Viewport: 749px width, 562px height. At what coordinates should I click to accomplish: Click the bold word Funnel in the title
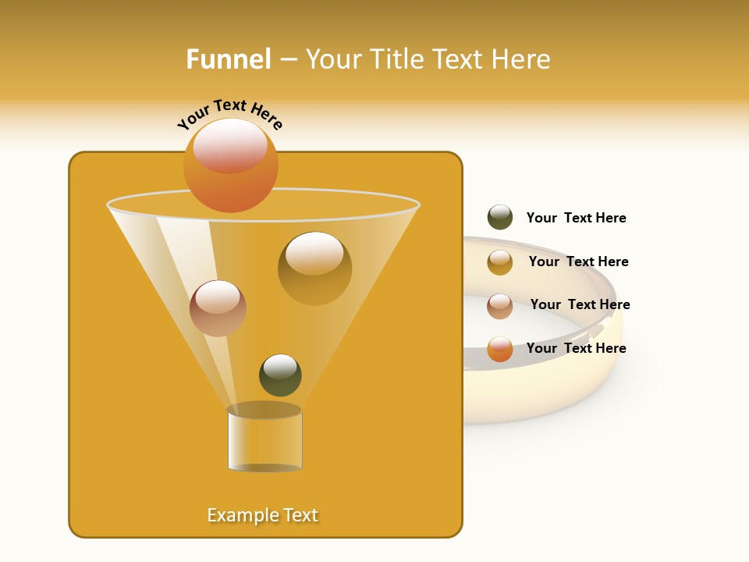[x=228, y=59]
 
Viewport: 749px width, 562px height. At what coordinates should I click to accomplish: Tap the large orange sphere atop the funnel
[x=231, y=176]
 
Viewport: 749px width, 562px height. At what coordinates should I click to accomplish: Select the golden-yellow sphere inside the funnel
[x=314, y=269]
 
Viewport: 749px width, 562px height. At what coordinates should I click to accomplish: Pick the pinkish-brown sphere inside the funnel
[x=218, y=308]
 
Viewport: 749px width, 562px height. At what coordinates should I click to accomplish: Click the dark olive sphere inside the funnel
[x=280, y=375]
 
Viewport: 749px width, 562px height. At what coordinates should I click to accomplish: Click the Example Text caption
[x=262, y=515]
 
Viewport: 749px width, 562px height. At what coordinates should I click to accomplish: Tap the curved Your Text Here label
[x=229, y=114]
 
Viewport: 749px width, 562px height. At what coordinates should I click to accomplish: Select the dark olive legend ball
[x=500, y=217]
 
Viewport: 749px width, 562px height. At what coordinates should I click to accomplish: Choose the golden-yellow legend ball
[x=500, y=262]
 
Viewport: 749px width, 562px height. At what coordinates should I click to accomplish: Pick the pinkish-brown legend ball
[x=500, y=306]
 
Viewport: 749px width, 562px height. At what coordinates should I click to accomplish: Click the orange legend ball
[x=500, y=349]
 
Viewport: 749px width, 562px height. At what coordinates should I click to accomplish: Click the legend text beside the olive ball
[x=576, y=218]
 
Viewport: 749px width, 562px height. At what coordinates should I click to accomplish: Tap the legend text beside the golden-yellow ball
[x=578, y=261]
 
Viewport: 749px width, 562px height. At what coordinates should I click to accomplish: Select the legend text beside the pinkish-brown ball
[x=580, y=304]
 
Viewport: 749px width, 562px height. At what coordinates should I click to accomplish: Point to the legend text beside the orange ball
[x=576, y=348]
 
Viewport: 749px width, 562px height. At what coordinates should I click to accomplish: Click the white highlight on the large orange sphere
[x=230, y=144]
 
